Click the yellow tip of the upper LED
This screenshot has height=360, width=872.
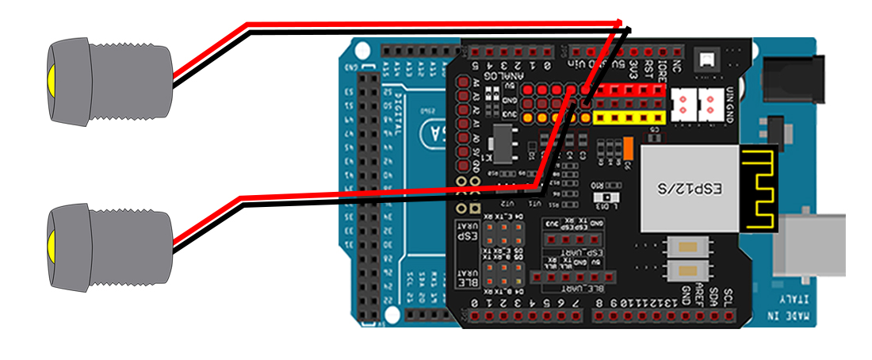tap(50, 81)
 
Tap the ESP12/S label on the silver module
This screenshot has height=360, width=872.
tap(690, 190)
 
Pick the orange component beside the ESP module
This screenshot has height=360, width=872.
tap(626, 148)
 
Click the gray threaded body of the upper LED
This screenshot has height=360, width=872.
tap(131, 81)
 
